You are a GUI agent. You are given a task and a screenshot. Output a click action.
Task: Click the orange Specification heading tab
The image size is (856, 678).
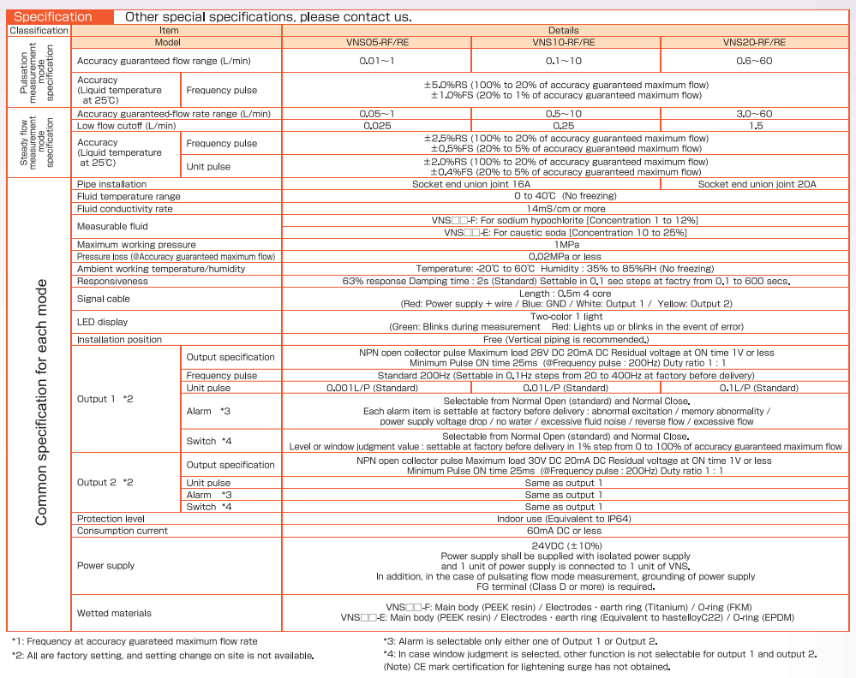[53, 16]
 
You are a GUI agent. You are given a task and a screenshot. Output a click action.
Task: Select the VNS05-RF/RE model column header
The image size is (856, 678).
[377, 42]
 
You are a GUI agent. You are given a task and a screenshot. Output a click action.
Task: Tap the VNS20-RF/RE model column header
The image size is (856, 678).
[754, 42]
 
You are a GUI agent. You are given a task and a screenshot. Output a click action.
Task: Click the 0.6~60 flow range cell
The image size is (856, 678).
[754, 61]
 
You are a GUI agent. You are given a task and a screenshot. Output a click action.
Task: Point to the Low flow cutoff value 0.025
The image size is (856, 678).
[377, 126]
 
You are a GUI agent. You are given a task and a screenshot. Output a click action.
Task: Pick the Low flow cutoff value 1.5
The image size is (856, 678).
[754, 126]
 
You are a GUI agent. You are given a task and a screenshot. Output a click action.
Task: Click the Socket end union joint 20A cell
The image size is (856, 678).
[757, 184]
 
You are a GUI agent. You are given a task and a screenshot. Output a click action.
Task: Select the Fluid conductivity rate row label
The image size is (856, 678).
[125, 208]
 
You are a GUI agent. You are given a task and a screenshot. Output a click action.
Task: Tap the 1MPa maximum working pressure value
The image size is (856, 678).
[565, 245]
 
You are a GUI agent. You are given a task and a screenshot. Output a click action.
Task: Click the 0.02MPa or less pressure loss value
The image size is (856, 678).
[565, 257]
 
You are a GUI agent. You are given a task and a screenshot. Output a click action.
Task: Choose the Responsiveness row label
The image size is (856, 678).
[112, 281]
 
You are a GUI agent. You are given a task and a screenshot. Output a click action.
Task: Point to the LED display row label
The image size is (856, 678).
[103, 322]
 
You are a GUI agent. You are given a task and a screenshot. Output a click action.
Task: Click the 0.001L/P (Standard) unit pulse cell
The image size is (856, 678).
[377, 388]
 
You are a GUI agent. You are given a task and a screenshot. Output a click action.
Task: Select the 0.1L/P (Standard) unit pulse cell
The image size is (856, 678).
[754, 388]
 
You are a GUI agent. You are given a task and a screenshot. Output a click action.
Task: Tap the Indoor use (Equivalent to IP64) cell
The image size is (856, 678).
[565, 519]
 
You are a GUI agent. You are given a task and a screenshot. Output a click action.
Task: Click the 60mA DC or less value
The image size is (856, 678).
[565, 531]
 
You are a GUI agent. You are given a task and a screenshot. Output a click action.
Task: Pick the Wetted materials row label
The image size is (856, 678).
[114, 613]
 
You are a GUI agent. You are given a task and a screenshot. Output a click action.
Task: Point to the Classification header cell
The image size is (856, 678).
[39, 30]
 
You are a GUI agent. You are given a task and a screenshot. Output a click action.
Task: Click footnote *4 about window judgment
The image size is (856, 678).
[600, 654]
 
